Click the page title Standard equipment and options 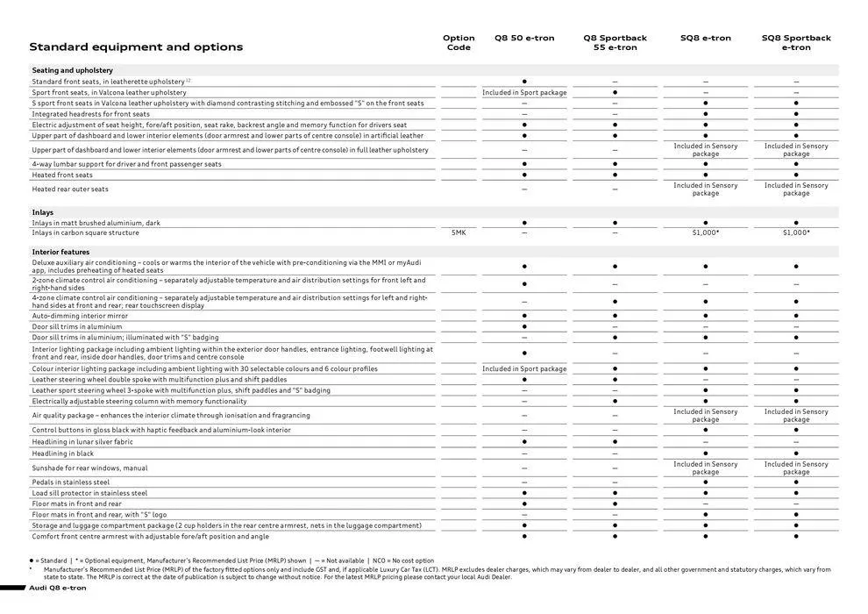tap(136, 47)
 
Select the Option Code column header tap(459, 42)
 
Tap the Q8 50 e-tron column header tap(524, 38)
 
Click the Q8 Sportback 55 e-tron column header tap(615, 42)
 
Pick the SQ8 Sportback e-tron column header tap(795, 42)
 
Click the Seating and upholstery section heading tap(73, 70)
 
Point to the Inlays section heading tap(43, 212)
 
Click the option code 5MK tap(459, 233)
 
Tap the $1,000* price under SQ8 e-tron tap(705, 233)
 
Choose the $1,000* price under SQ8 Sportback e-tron tap(795, 233)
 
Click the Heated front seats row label tap(62, 175)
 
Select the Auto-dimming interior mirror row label tap(80, 316)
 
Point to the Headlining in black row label tap(63, 453)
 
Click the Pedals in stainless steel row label tap(71, 482)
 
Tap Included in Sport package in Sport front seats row tap(524, 92)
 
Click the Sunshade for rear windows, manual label tap(90, 468)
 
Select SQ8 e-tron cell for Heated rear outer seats tap(705, 189)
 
